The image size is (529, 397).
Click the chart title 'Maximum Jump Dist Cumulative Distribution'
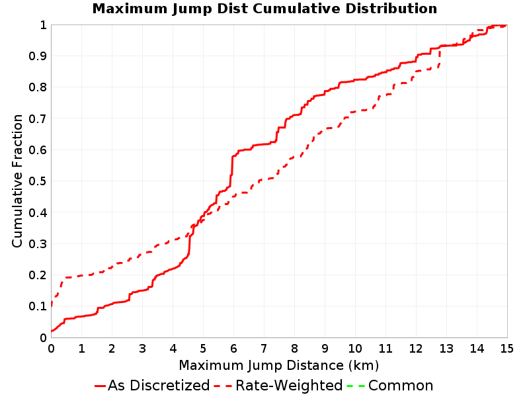click(x=264, y=9)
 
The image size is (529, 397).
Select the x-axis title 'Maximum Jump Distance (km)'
click(x=278, y=365)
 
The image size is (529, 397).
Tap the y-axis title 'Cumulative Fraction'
click(x=17, y=181)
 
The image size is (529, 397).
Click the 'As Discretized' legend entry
click(x=152, y=385)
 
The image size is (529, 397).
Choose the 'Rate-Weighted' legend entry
click(x=278, y=385)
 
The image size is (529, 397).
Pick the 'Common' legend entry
click(x=390, y=385)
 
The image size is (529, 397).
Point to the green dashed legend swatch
click(x=356, y=386)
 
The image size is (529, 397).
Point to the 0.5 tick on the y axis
click(x=37, y=181)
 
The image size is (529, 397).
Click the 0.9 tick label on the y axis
click(x=37, y=56)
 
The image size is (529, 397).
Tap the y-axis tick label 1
click(x=43, y=25)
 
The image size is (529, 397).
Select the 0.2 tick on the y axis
click(x=37, y=275)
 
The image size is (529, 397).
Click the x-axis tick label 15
click(x=507, y=349)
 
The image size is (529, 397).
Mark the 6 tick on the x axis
click(x=233, y=349)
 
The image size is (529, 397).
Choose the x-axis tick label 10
click(x=355, y=349)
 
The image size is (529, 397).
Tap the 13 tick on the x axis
click(x=446, y=349)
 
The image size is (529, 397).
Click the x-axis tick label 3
click(x=142, y=349)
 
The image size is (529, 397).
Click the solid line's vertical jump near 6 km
click(x=232, y=171)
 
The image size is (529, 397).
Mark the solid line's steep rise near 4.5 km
click(x=190, y=243)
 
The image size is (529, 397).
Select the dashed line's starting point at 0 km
click(x=52, y=306)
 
